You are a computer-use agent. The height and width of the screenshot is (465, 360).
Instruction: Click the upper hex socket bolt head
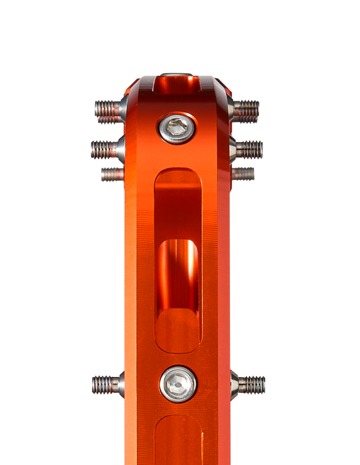tap(177, 128)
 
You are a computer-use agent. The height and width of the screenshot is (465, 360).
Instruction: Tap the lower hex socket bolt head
tap(178, 384)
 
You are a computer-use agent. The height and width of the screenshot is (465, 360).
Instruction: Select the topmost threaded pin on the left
tap(108, 109)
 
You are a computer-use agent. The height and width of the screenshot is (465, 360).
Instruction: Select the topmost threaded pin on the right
tap(245, 109)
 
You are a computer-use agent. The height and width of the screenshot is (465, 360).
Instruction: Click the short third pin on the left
tap(112, 174)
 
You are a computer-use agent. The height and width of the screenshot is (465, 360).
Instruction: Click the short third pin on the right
tap(243, 173)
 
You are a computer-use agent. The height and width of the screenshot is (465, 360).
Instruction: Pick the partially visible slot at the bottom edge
tap(179, 441)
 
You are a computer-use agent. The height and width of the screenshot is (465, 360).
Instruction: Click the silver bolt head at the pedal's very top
tap(176, 75)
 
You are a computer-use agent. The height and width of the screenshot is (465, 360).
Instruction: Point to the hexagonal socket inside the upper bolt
tap(176, 127)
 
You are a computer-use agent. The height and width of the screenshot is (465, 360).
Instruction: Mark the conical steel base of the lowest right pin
tap(234, 385)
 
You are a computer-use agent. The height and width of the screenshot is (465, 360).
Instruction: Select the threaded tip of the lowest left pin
tap(97, 385)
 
